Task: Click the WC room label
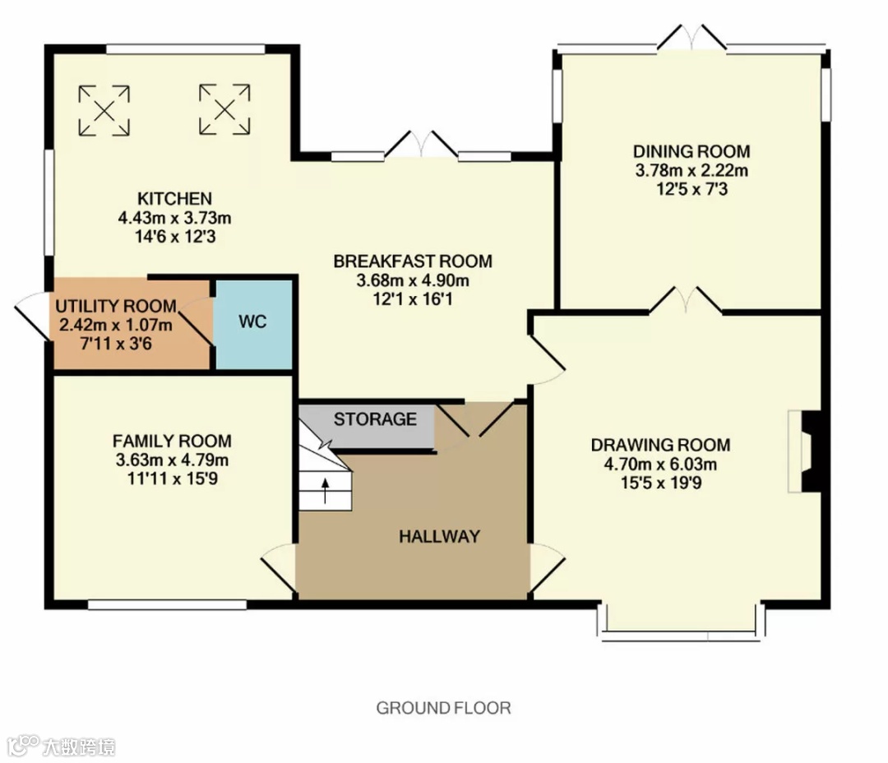tap(252, 321)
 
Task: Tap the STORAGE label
tap(375, 419)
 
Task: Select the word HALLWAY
tap(439, 536)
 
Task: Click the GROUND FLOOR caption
tap(443, 708)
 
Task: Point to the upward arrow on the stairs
tap(325, 491)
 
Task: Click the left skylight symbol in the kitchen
tap(104, 110)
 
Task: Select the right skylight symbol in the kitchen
tap(224, 109)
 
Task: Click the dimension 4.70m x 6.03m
tap(660, 465)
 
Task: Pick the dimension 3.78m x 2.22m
tap(691, 170)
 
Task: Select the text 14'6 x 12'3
tap(175, 237)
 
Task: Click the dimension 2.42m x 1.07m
tap(116, 325)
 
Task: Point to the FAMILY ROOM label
tap(172, 441)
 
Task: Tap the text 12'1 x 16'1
tap(413, 299)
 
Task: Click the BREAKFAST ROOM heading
tap(413, 261)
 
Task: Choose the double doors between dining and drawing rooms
tap(685, 301)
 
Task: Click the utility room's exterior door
tap(32, 316)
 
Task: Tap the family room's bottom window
tap(168, 605)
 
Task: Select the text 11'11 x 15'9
tap(172, 479)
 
